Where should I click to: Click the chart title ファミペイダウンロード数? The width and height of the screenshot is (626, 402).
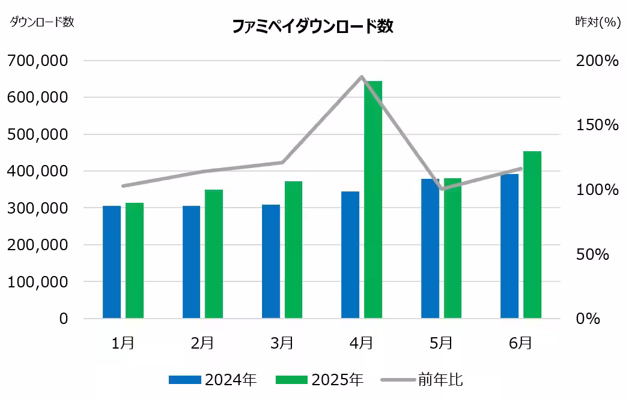coord(312,26)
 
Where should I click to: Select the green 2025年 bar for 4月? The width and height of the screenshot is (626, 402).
coord(372,199)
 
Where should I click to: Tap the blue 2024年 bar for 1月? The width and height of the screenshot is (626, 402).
coord(112,262)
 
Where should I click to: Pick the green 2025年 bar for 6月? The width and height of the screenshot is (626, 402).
coord(532,235)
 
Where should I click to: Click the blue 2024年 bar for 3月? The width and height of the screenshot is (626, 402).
coord(271,261)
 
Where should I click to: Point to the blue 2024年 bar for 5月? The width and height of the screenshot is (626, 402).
coord(430,248)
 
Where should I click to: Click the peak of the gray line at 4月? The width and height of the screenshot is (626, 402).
coord(362,77)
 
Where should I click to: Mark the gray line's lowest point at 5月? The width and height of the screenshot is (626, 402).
coord(442,189)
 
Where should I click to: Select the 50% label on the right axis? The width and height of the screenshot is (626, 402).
coord(592,254)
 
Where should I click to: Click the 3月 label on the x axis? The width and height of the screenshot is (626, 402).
coord(282,343)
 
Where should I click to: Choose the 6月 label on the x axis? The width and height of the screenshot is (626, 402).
coord(520,343)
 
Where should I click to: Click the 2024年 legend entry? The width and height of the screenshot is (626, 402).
coord(213,380)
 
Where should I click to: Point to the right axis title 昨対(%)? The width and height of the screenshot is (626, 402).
coord(597,22)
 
